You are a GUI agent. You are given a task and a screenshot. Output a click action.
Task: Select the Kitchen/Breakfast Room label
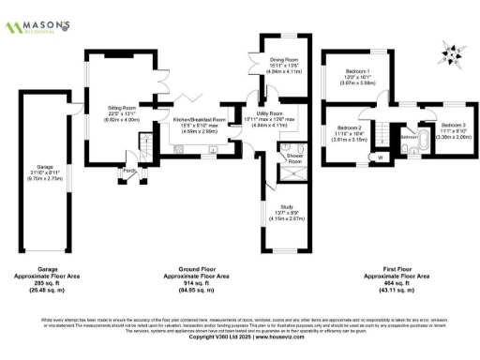[x=199, y=120]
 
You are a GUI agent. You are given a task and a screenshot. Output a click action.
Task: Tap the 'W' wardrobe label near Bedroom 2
[x=380, y=157]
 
